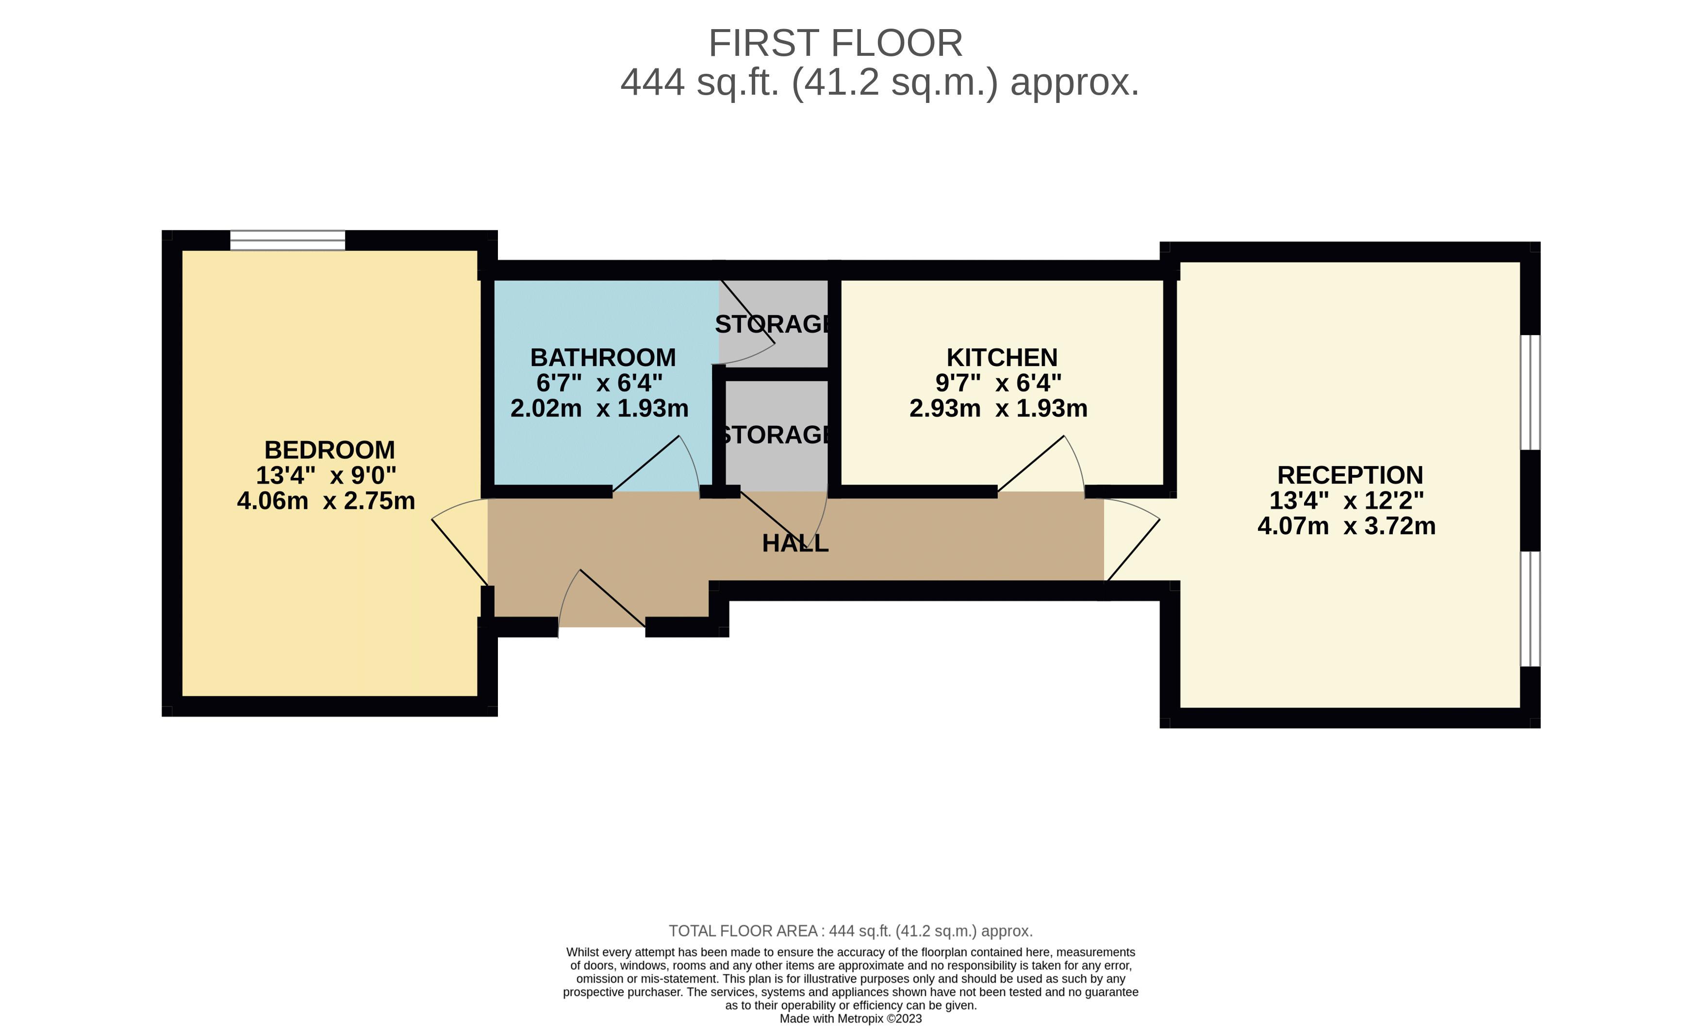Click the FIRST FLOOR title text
(835, 44)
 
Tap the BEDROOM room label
(330, 451)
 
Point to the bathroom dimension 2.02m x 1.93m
(599, 408)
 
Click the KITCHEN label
(1002, 358)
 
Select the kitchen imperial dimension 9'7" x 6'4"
(998, 383)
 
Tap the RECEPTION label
(1350, 475)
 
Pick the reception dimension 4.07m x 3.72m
(1346, 526)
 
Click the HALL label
(795, 544)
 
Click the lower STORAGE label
(775, 435)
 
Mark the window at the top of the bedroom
(287, 240)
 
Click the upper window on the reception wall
(1530, 392)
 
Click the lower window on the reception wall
(1530, 609)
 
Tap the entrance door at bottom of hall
(612, 598)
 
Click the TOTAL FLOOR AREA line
(850, 931)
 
